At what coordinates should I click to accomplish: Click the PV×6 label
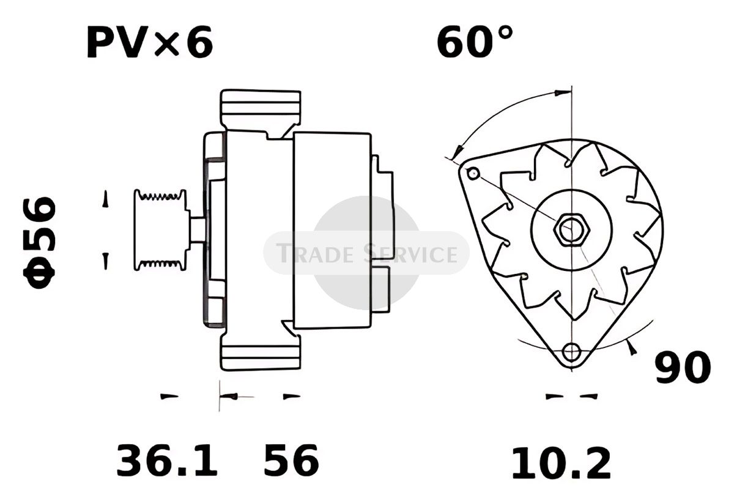pyautogui.click(x=150, y=43)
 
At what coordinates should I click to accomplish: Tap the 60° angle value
pyautogui.click(x=475, y=42)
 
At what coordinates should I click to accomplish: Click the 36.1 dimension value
pyautogui.click(x=167, y=461)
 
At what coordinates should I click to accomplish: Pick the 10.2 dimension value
pyautogui.click(x=561, y=464)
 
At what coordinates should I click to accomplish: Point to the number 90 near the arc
pyautogui.click(x=683, y=368)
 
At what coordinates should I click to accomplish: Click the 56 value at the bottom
pyautogui.click(x=291, y=460)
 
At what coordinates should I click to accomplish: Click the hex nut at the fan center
pyautogui.click(x=572, y=230)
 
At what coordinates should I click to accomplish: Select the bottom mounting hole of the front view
pyautogui.click(x=571, y=352)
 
